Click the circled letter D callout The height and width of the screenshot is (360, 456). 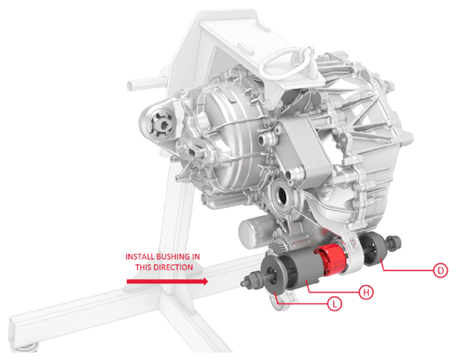(440, 270)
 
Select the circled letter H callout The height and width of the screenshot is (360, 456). (366, 292)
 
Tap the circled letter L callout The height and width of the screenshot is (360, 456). (335, 304)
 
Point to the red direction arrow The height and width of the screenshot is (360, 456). (167, 281)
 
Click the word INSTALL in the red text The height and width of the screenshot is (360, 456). (140, 257)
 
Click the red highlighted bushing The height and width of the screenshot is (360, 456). (331, 259)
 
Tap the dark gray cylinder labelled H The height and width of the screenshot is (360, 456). (301, 271)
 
